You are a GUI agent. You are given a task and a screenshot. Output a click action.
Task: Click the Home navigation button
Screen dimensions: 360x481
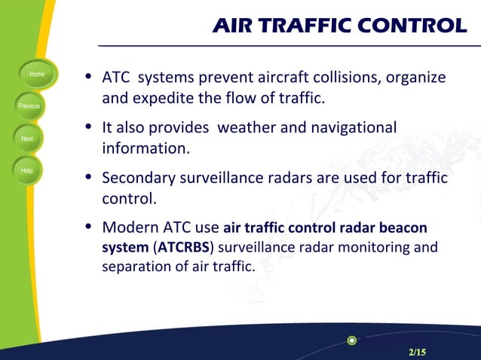[x=36, y=75]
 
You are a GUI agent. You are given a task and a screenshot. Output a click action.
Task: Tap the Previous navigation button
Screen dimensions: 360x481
[x=29, y=106]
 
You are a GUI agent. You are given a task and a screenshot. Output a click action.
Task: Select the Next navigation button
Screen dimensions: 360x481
[x=27, y=139]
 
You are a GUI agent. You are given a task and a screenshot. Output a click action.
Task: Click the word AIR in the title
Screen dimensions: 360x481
[x=235, y=26]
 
